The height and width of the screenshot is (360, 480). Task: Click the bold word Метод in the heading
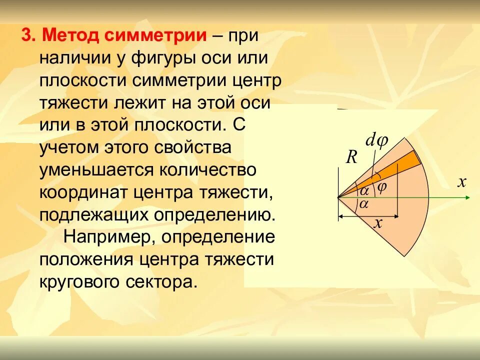[69, 36]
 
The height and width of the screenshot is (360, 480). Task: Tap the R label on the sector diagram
[351, 158]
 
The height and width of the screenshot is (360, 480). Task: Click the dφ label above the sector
[376, 142]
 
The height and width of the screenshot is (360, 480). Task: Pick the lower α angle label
[363, 203]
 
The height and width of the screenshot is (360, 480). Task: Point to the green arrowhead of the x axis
[467, 197]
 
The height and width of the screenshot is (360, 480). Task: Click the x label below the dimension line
[378, 223]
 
